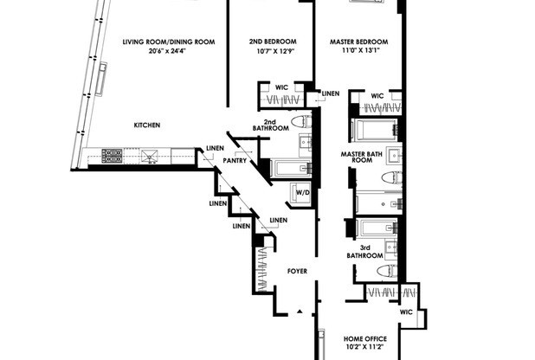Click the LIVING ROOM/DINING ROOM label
pyautogui.click(x=156, y=42)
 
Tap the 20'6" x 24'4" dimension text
pyautogui.click(x=156, y=51)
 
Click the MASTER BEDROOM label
pyautogui.click(x=358, y=42)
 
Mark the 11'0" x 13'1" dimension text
pyautogui.click(x=358, y=51)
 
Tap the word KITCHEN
pyautogui.click(x=146, y=125)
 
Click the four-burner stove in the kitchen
pyautogui.click(x=113, y=157)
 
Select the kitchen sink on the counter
pyautogui.click(x=150, y=157)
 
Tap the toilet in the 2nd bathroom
pyautogui.click(x=300, y=122)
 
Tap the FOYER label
pyautogui.click(x=297, y=272)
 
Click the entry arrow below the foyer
pyautogui.click(x=300, y=311)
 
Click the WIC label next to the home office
pyautogui.click(x=406, y=312)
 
